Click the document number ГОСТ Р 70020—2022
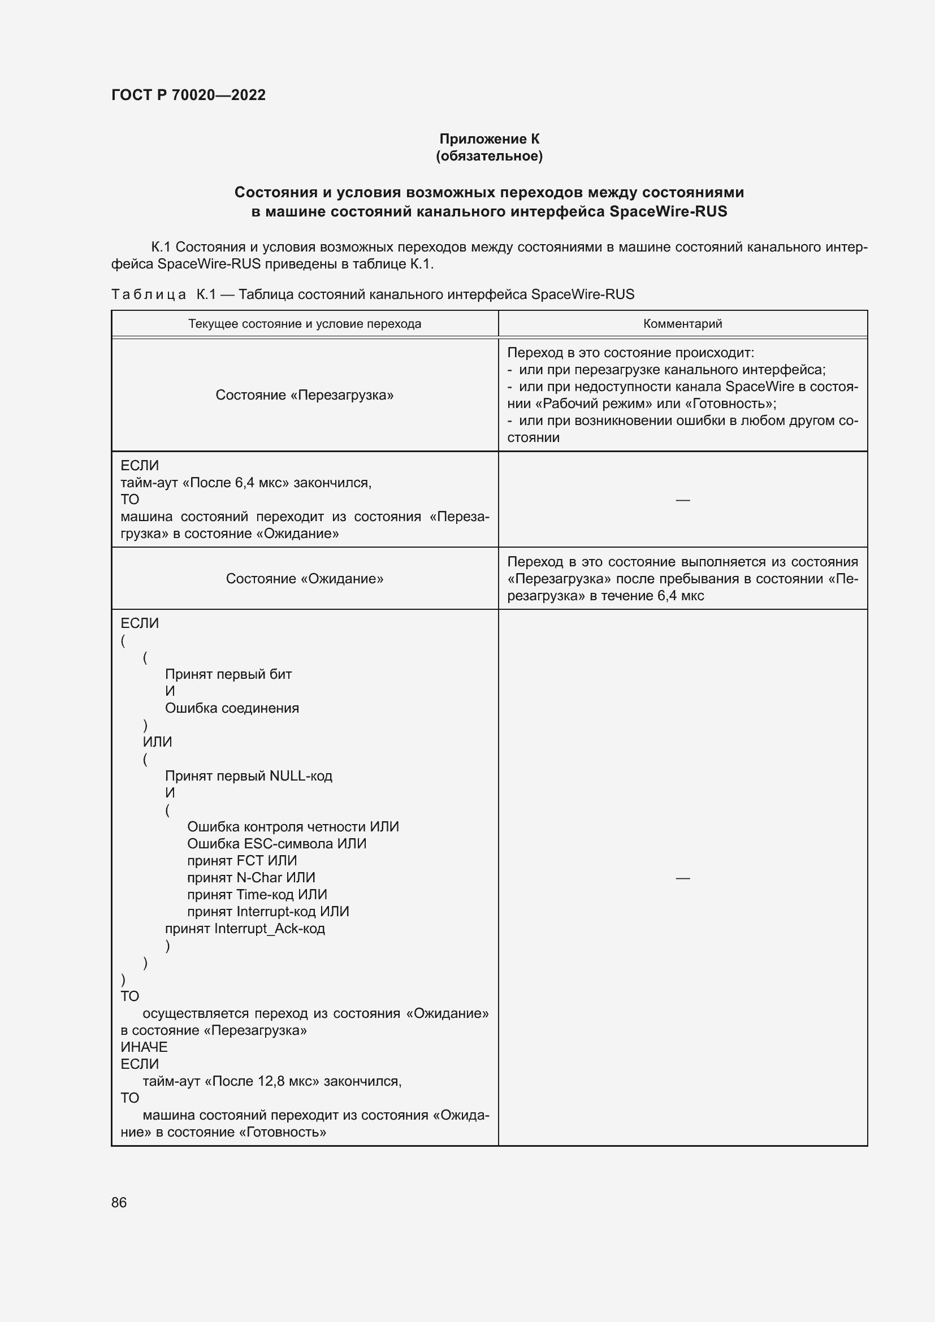click(x=188, y=95)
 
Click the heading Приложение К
click(x=489, y=139)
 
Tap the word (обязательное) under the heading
click(x=489, y=156)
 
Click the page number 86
click(x=119, y=1202)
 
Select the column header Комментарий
click(x=682, y=324)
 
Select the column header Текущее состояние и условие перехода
click(x=304, y=324)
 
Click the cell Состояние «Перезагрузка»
click(x=304, y=395)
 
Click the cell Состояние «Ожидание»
click(x=304, y=579)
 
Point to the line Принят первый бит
click(x=228, y=674)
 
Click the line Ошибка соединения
click(x=231, y=708)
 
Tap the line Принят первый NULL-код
click(x=248, y=776)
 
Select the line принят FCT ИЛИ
click(x=242, y=861)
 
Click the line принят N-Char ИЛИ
click(x=251, y=878)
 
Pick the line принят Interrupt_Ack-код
click(x=245, y=928)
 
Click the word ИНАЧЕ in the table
click(x=144, y=1047)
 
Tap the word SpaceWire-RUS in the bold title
click(x=668, y=212)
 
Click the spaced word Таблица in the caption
click(x=148, y=295)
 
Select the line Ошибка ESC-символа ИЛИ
click(x=276, y=843)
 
